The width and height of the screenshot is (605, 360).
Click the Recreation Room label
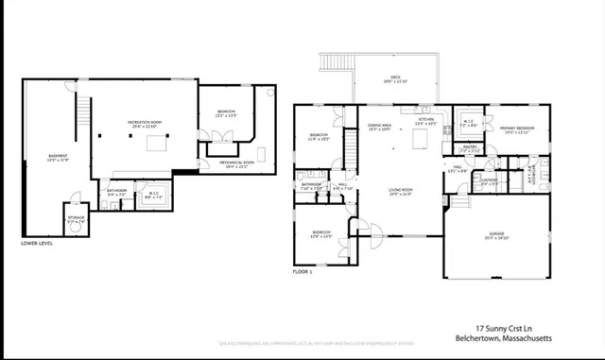coord(147,124)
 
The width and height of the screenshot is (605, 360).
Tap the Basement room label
coord(59,158)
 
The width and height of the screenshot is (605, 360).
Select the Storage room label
coord(77,219)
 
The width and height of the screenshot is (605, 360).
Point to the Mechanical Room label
coord(226,163)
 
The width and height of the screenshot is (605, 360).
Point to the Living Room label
coord(401,192)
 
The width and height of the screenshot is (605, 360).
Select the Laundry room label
coord(489,180)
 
